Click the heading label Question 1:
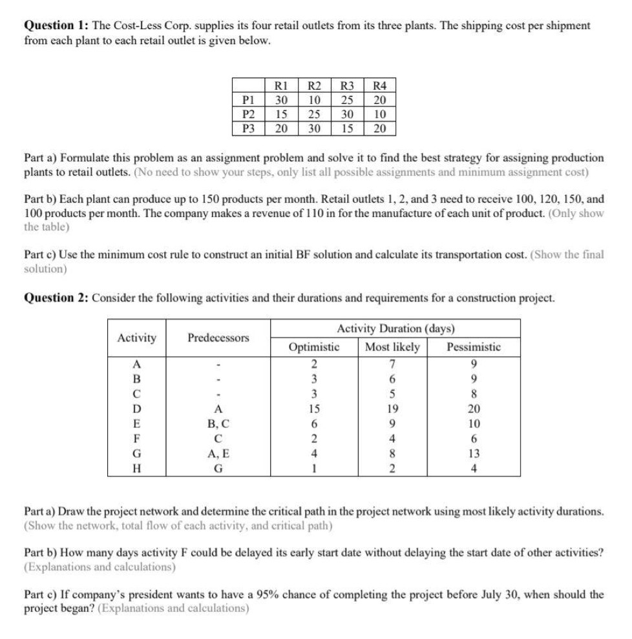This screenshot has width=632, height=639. (x=56, y=26)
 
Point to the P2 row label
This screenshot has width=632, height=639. (x=247, y=114)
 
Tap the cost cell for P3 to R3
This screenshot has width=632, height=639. (x=347, y=128)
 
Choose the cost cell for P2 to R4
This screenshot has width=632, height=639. (x=380, y=114)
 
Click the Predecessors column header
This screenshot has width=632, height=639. (x=218, y=338)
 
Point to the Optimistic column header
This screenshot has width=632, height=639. (x=314, y=347)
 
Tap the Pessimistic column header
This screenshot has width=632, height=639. (x=473, y=347)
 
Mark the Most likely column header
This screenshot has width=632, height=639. (x=392, y=347)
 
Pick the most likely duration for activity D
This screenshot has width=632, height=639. (x=392, y=408)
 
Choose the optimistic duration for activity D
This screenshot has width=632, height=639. (x=314, y=408)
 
